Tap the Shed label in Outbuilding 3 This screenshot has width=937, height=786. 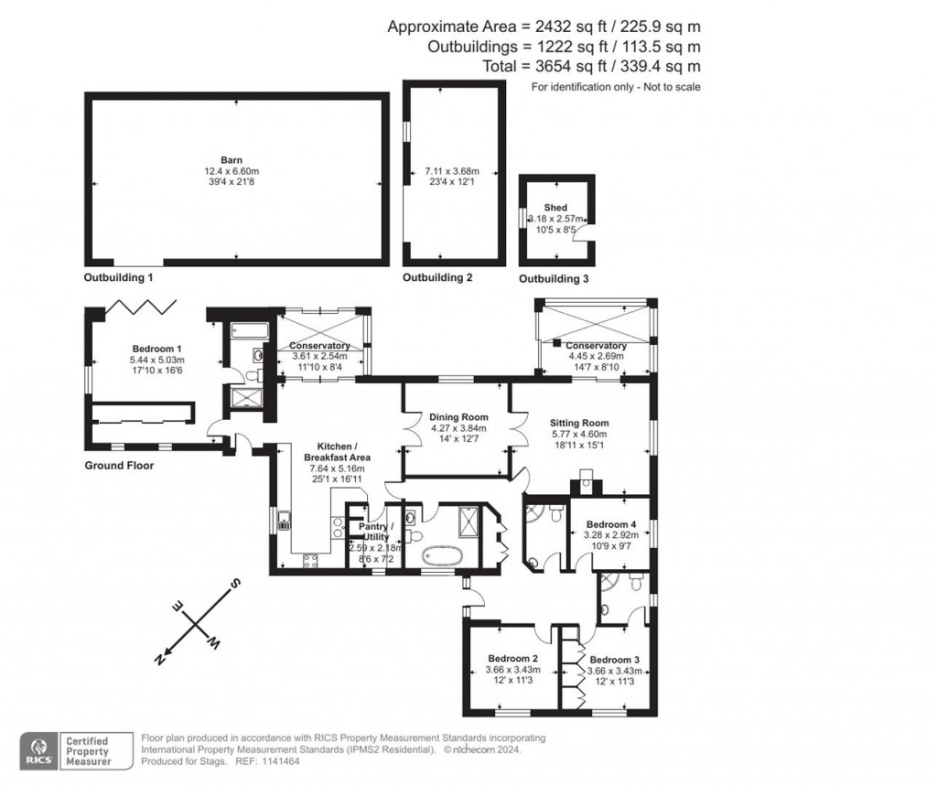tap(555, 208)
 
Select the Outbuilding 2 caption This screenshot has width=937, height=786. tap(437, 277)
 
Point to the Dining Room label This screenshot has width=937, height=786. tap(458, 417)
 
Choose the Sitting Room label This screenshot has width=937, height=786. tap(578, 423)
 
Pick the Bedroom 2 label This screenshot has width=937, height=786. tap(512, 659)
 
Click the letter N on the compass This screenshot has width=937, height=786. tap(161, 657)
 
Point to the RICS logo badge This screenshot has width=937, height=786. tap(39, 748)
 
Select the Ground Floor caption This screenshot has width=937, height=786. tap(119, 465)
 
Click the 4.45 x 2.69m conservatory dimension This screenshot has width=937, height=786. tap(596, 356)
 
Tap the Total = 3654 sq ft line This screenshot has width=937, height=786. tap(591, 66)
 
